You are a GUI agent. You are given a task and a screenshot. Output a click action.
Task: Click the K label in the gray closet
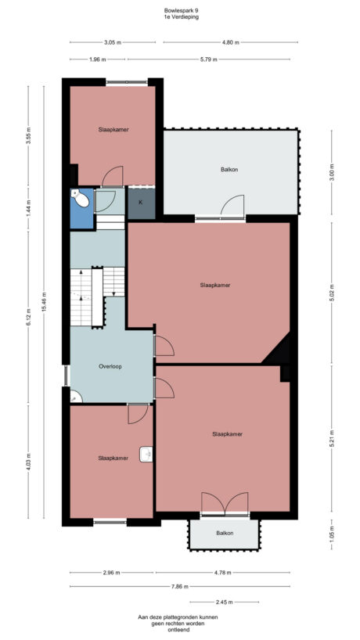[x=141, y=203]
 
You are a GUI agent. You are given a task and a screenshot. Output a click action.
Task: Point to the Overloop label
[x=110, y=366]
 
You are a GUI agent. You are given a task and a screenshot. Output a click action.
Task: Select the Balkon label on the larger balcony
[x=229, y=170]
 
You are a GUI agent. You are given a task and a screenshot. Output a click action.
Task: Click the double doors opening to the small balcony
[x=225, y=503]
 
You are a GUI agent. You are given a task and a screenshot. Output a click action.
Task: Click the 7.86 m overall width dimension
[x=182, y=585]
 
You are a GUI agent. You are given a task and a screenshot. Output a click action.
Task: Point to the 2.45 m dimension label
[x=224, y=602]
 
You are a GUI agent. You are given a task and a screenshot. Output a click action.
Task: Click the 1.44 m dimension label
[x=29, y=209]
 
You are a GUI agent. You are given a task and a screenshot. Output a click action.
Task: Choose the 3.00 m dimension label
[x=332, y=172]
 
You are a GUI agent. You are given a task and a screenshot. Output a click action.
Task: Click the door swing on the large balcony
[x=232, y=206]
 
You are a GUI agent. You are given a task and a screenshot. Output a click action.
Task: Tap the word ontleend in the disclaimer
[x=181, y=630]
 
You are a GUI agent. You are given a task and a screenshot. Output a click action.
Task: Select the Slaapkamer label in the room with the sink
[x=113, y=458]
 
